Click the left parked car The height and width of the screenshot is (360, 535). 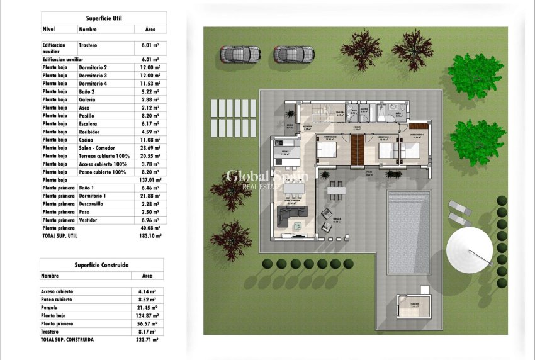[240, 54]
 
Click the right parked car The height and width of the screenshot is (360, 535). [294, 54]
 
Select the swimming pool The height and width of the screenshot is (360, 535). [408, 232]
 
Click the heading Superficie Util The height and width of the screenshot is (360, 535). [104, 19]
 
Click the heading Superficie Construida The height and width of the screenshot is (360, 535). [102, 266]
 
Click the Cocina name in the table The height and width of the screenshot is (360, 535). [87, 139]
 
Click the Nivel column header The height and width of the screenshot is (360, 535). [49, 29]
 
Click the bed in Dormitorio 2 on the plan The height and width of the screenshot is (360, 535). [327, 151]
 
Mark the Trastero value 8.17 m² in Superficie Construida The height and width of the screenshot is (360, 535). [147, 332]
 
